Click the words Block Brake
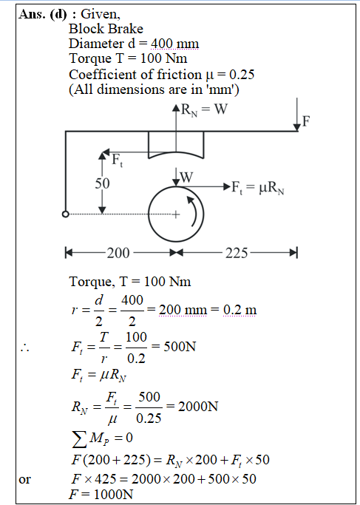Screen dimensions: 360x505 pos(106,29)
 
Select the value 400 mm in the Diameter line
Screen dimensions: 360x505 pos(175,44)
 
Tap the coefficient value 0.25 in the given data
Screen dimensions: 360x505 pos(242,75)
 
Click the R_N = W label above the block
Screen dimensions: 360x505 pos(204,110)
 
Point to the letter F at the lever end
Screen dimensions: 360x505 pos(305,122)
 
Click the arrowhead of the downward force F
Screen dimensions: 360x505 pos(297,128)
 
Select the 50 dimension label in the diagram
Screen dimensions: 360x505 pos(102,183)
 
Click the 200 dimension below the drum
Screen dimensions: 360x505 pos(118,253)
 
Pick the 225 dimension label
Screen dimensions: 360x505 pos(237,253)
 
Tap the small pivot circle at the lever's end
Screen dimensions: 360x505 pos(65,214)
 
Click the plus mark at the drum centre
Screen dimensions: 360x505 pos(176,214)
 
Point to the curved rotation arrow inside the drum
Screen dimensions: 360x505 pos(194,211)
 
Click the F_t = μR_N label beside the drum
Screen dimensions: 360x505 pos(258,187)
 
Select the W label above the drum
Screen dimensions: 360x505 pos(187,177)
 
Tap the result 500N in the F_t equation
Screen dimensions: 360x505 pos(180,347)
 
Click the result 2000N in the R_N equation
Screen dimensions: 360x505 pos(198,407)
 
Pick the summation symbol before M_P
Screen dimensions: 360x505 pos(80,439)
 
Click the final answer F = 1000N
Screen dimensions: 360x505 pos(101,495)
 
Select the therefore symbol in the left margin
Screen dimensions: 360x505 pos(24,348)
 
